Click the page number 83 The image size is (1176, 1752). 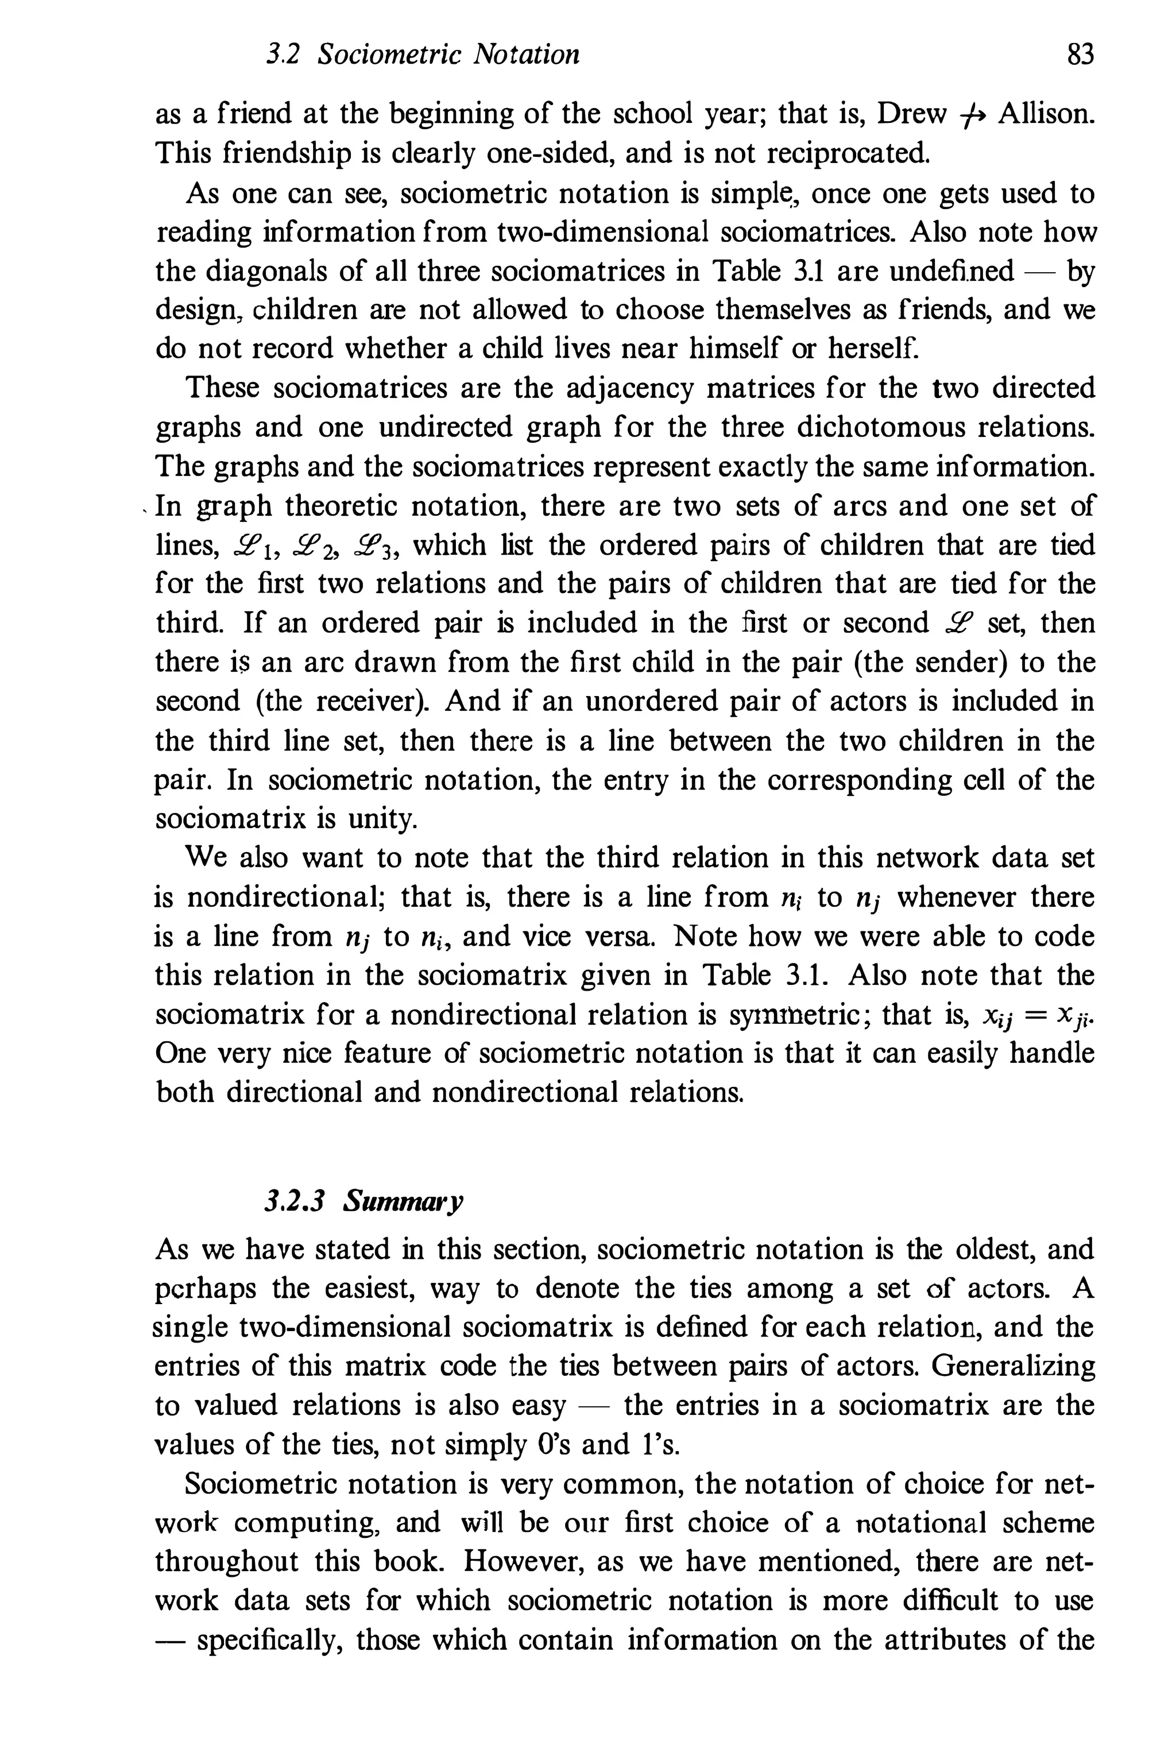pyautogui.click(x=1080, y=55)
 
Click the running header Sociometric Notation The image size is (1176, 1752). pyautogui.click(x=448, y=55)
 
